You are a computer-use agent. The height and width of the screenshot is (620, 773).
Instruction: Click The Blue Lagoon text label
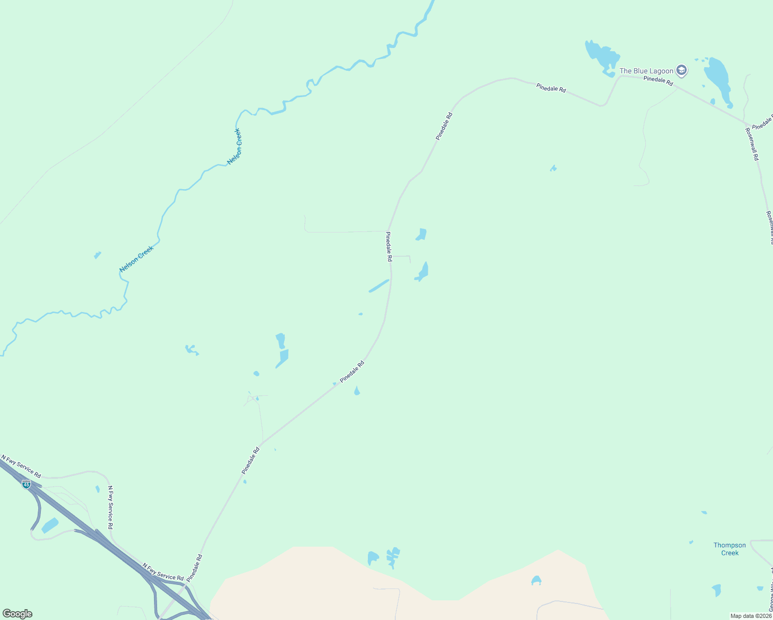(x=646, y=71)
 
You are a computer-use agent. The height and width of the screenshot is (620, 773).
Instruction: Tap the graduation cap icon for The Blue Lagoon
(x=682, y=71)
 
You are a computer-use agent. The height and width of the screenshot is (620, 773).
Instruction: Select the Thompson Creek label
(x=730, y=549)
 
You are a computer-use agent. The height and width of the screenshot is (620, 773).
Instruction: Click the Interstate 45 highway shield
(x=26, y=484)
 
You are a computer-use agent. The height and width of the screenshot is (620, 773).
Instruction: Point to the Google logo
(x=17, y=614)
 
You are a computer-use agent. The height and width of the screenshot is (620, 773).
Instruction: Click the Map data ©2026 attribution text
(x=751, y=616)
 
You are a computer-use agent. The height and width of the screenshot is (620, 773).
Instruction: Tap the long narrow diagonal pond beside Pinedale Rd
(x=379, y=286)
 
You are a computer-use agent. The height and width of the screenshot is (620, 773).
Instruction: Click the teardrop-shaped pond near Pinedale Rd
(x=357, y=391)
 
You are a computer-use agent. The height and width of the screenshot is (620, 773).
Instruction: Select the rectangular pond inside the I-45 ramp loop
(x=50, y=525)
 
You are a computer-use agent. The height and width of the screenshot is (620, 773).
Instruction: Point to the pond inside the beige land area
(x=536, y=581)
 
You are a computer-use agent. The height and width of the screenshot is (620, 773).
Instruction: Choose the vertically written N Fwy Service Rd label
(x=110, y=507)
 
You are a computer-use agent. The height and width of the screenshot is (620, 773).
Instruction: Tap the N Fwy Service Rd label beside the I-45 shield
(x=21, y=466)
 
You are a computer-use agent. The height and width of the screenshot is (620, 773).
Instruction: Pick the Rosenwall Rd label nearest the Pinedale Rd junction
(x=752, y=144)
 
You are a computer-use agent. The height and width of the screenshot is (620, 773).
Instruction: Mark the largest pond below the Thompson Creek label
(x=716, y=590)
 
